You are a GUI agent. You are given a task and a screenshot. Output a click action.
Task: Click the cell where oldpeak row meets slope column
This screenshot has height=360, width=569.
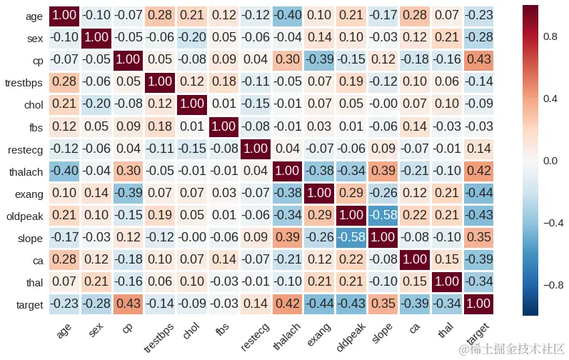coord(383,216)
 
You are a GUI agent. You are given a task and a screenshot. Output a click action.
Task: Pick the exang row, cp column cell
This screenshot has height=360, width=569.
coord(129,194)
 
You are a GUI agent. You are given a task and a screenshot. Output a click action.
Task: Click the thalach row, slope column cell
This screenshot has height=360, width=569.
coord(383,171)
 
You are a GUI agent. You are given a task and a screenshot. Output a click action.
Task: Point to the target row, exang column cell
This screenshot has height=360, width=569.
coord(320,305)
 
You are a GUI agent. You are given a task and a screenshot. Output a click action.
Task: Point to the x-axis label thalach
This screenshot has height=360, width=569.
coord(286,331)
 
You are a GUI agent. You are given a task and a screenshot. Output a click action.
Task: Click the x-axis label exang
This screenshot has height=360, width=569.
coord(318,329)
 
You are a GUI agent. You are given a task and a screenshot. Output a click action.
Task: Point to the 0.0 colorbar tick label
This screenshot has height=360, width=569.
coord(550,161)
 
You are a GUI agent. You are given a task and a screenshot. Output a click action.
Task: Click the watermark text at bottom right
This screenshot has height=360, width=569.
coord(513,349)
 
